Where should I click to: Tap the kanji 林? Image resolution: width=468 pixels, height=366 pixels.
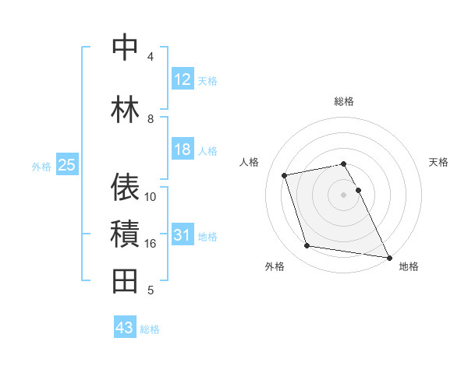click(x=125, y=109)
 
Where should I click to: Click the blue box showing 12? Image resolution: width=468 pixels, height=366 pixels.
click(x=183, y=79)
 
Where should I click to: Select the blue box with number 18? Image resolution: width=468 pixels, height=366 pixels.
click(x=183, y=150)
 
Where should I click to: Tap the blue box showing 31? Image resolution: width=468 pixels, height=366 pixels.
click(x=183, y=235)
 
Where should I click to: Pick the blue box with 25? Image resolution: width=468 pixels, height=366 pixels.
click(x=66, y=165)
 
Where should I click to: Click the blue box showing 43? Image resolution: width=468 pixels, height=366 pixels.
click(x=124, y=328)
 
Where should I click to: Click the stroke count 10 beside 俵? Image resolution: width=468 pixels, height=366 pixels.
click(x=151, y=196)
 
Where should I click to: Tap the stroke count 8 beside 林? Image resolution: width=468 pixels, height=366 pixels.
click(x=151, y=119)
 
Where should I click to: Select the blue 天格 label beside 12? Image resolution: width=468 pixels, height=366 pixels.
click(x=207, y=80)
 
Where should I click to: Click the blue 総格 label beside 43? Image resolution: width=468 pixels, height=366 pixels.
click(x=150, y=329)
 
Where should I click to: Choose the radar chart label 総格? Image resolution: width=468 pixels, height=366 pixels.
click(x=344, y=101)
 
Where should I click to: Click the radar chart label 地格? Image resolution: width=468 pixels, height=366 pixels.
click(x=409, y=266)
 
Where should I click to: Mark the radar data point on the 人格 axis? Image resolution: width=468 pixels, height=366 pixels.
click(x=285, y=174)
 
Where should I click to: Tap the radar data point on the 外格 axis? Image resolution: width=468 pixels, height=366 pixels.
click(x=307, y=246)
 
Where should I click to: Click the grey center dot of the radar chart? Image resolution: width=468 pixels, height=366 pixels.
click(x=343, y=194)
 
